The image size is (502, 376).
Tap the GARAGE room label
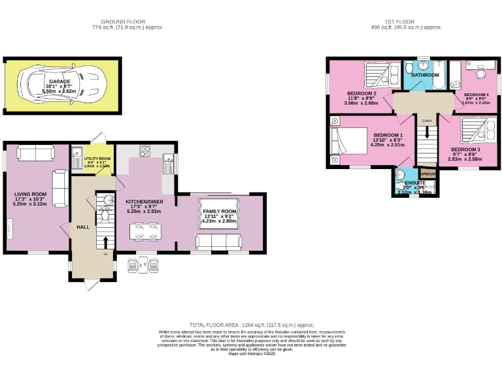[59, 82]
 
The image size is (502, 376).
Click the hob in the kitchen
[145, 151]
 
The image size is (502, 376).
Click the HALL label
[83, 227]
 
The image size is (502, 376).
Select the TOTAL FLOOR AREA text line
[252, 324]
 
